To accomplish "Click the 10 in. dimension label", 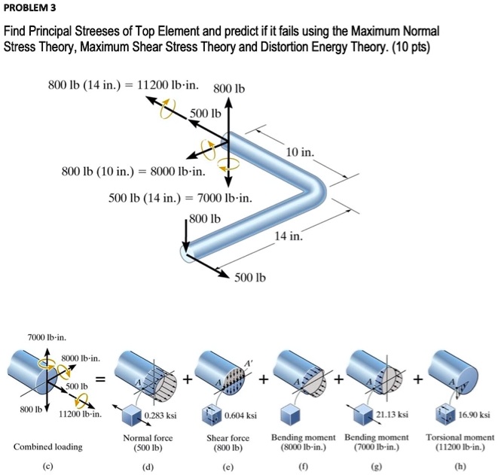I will [x=301, y=152].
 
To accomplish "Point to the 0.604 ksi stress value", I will [x=242, y=414].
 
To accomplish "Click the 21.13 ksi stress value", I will [x=396, y=414].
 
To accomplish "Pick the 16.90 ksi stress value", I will [x=474, y=414].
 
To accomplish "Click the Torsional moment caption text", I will [x=460, y=437].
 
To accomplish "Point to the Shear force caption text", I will [x=228, y=437].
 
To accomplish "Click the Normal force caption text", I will [x=148, y=437].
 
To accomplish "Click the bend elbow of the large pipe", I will [x=308, y=184].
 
